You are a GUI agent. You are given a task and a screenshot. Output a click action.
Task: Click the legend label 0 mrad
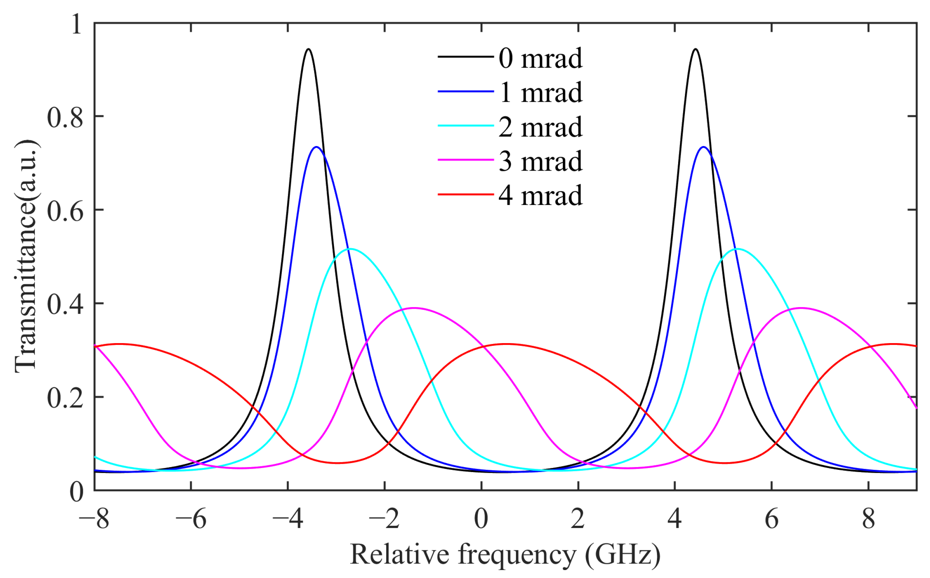pyautogui.click(x=540, y=59)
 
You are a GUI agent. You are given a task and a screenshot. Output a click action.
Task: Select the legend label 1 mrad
pyautogui.click(x=540, y=93)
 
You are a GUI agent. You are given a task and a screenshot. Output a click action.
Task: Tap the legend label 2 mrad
pyautogui.click(x=540, y=127)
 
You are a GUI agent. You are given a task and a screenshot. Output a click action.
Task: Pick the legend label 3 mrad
pyautogui.click(x=540, y=161)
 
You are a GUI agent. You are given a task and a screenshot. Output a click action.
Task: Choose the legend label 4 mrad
pyautogui.click(x=540, y=195)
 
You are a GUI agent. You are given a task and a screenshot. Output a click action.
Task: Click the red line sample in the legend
pyautogui.click(x=466, y=194)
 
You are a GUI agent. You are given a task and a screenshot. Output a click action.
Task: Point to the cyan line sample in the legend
pyautogui.click(x=466, y=125)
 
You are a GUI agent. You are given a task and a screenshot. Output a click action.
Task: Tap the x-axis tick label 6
pyautogui.click(x=772, y=519)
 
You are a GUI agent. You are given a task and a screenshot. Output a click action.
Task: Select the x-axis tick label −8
pyautogui.click(x=94, y=519)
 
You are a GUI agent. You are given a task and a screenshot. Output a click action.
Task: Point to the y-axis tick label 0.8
pyautogui.click(x=65, y=117)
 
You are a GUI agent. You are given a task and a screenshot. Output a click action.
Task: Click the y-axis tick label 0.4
pyautogui.click(x=65, y=305)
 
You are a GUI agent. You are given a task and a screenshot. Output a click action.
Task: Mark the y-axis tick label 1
pyautogui.click(x=76, y=24)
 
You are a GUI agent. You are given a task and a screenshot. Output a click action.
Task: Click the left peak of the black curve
pyautogui.click(x=308, y=49)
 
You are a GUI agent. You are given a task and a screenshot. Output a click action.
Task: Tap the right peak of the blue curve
pyautogui.click(x=703, y=147)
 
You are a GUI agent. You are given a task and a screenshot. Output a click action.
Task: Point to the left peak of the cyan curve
pyautogui.click(x=350, y=249)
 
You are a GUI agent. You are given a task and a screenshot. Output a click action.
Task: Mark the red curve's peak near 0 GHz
pyautogui.click(x=506, y=344)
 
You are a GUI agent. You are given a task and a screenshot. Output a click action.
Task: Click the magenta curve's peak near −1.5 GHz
pyautogui.click(x=414, y=308)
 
